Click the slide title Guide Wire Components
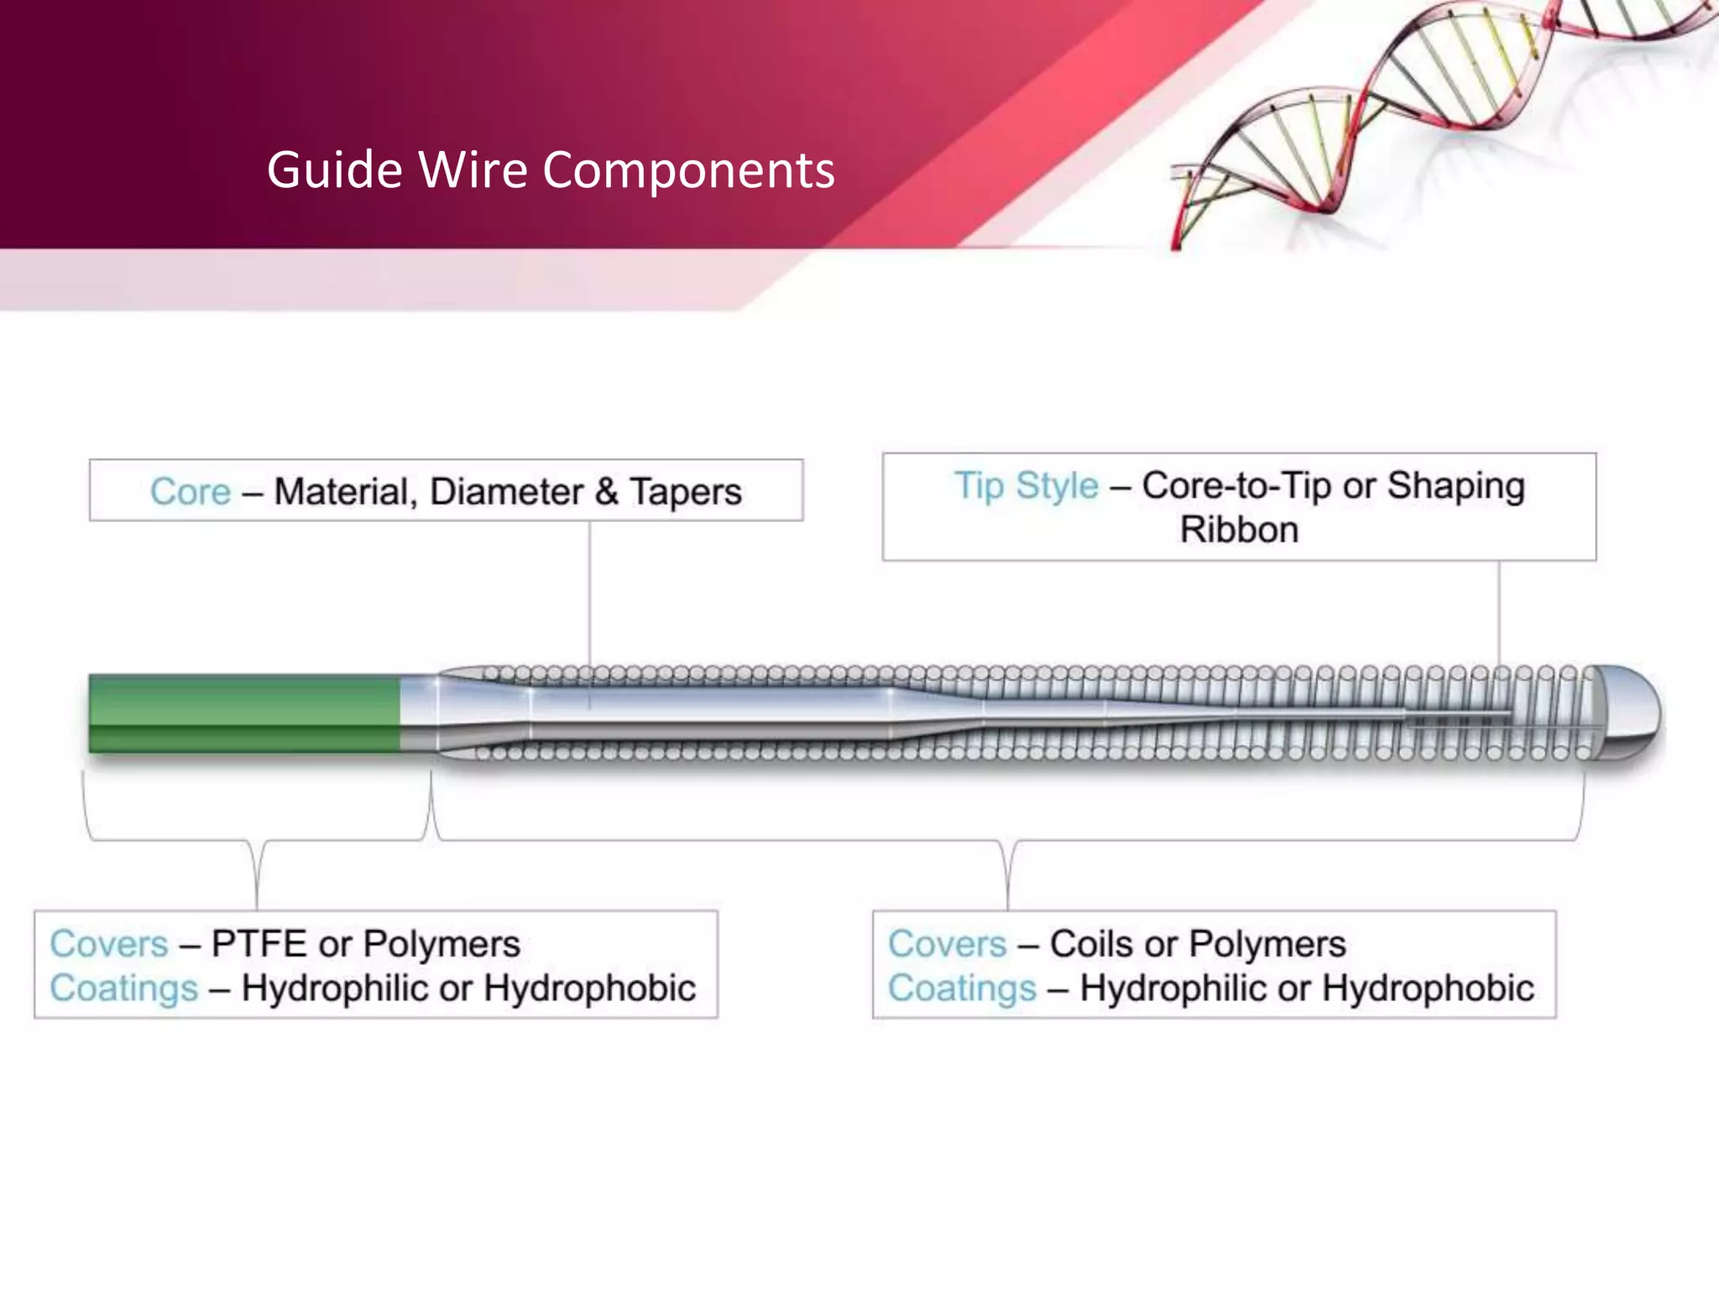coord(551,170)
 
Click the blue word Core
coord(191,492)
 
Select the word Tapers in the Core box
coord(686,492)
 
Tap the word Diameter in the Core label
coord(506,492)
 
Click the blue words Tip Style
coord(1026,486)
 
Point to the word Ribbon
coord(1239,530)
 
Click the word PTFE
coord(259,944)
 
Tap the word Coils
coord(1090,944)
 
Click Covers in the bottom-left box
coord(109,944)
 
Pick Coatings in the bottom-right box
coord(962,989)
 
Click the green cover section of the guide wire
coord(243,713)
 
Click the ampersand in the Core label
coord(606,492)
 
